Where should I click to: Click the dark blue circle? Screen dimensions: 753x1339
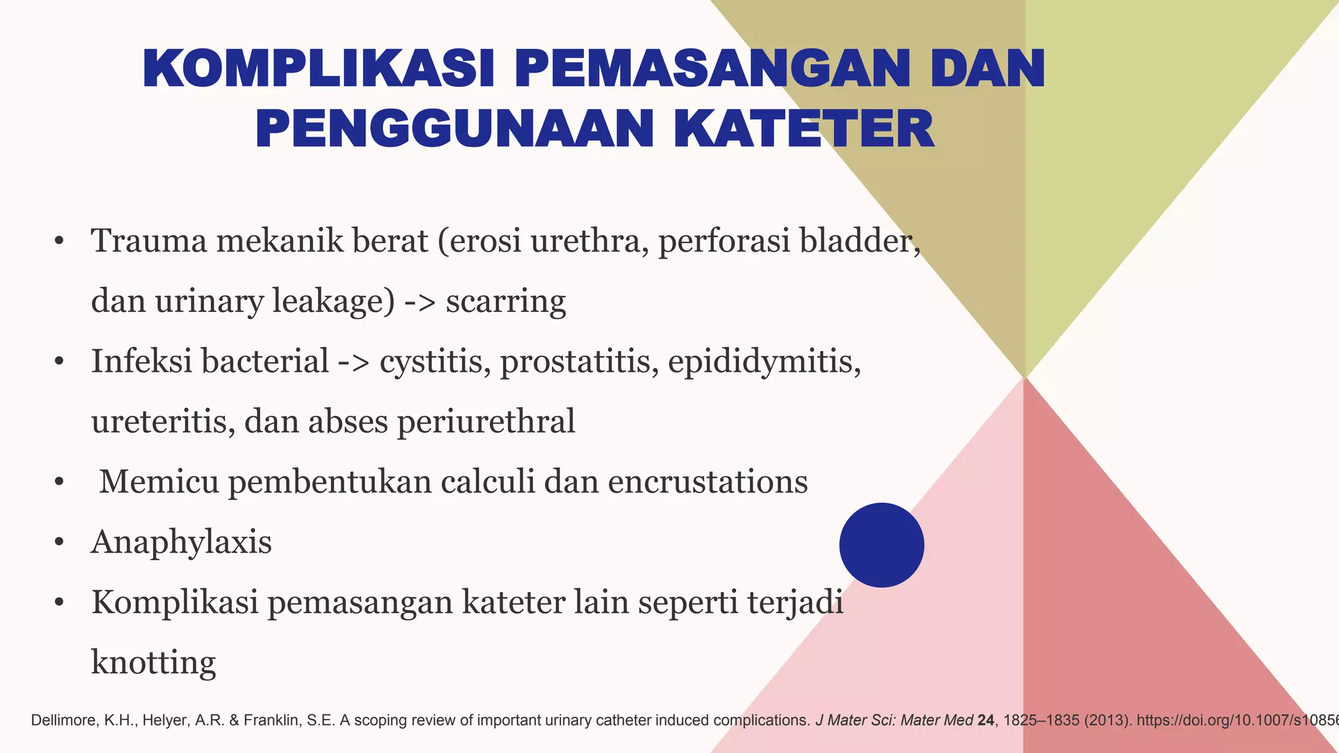point(881,544)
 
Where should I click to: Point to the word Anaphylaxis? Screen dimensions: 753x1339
point(181,543)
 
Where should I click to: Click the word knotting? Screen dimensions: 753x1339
point(153,663)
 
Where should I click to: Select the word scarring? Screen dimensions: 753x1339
point(505,301)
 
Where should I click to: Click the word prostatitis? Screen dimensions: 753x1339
point(579,361)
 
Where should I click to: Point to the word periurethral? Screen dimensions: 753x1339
point(486,422)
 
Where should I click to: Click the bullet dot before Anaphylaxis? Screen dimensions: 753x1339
point(59,543)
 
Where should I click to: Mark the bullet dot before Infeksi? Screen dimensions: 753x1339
point(59,362)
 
